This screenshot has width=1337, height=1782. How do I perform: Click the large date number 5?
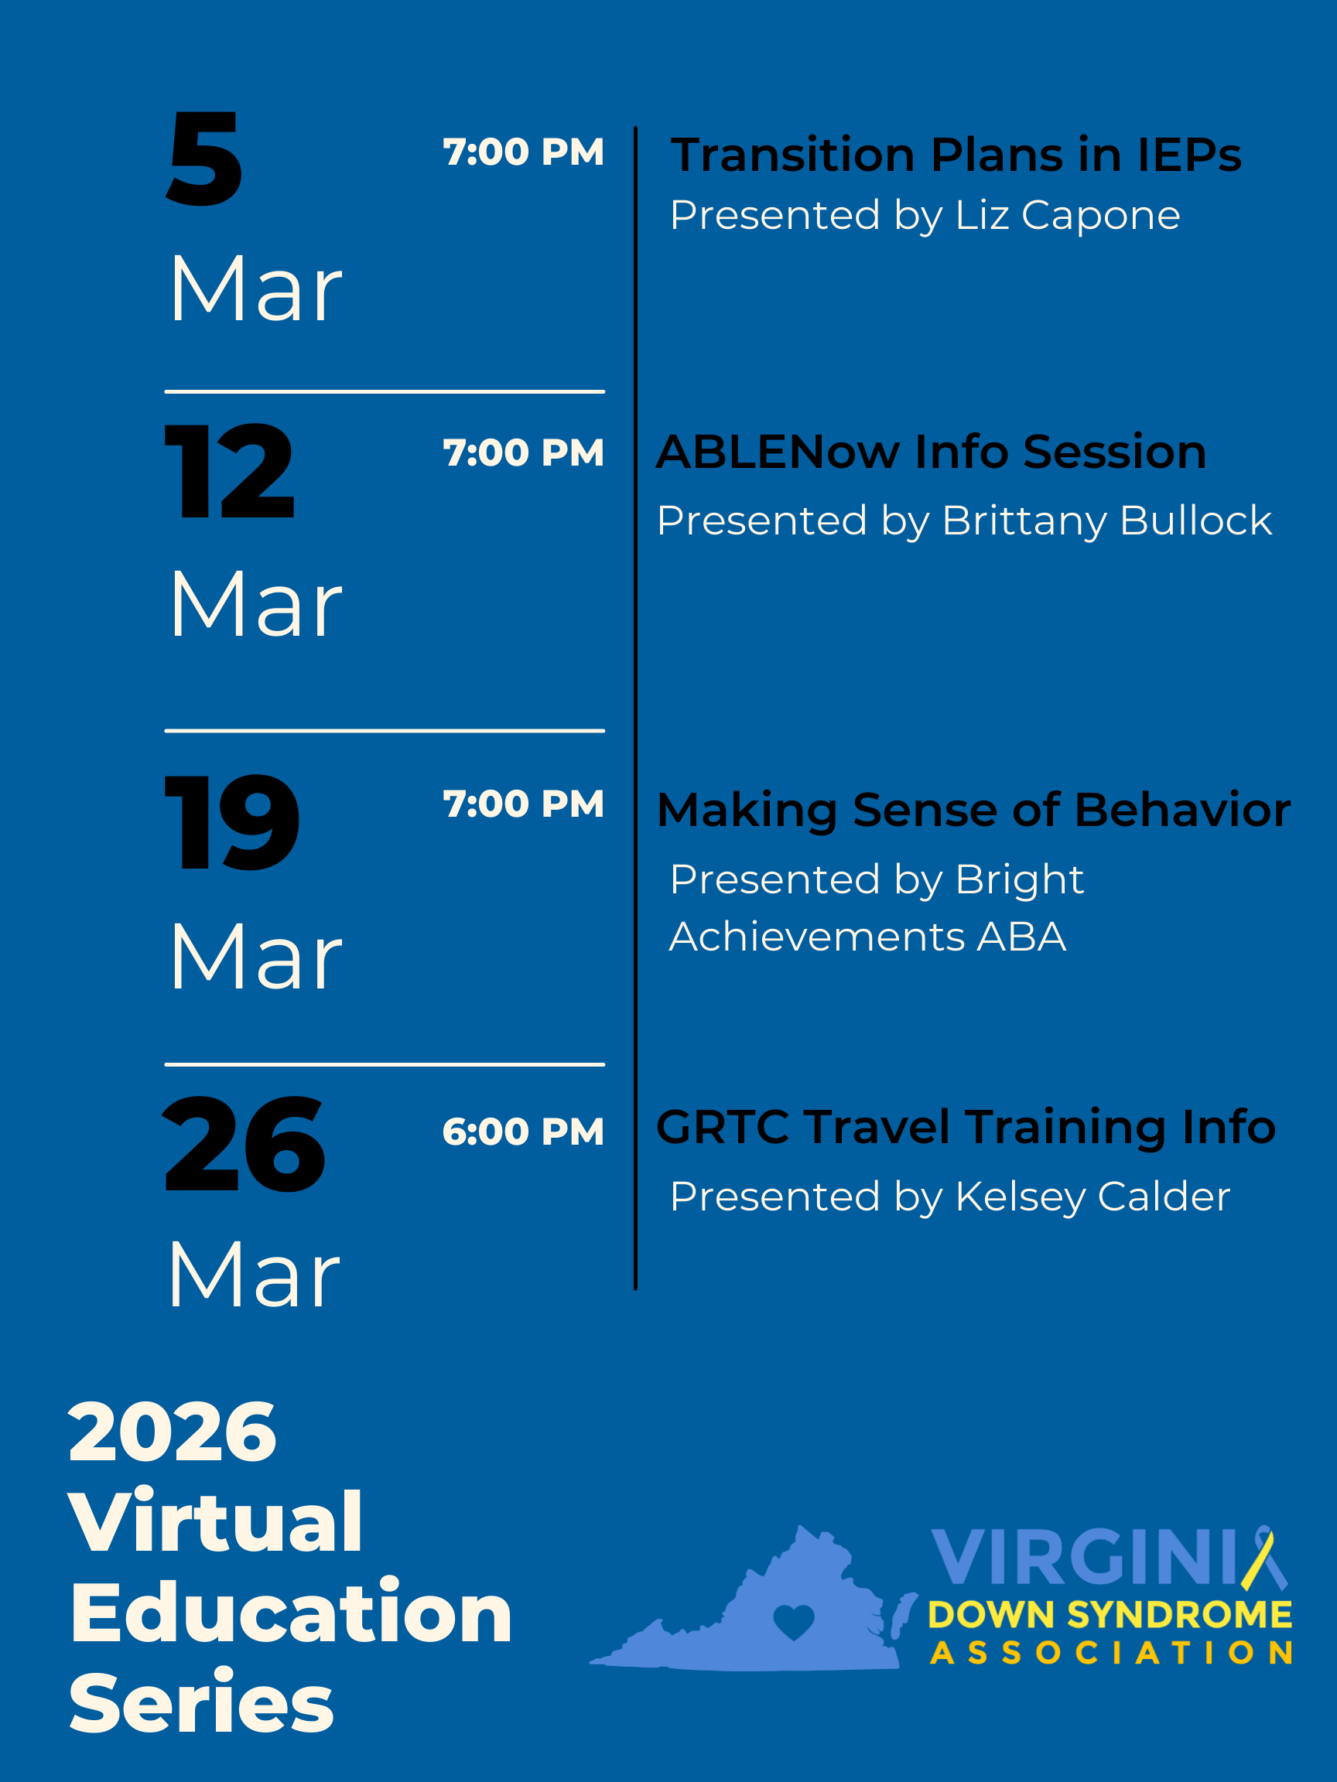(x=205, y=159)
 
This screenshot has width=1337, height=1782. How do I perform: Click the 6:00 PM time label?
(x=523, y=1132)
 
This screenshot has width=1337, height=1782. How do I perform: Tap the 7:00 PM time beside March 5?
(x=523, y=152)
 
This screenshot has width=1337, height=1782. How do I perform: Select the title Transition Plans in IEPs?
(x=956, y=155)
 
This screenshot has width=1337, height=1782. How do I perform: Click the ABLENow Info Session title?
(x=931, y=452)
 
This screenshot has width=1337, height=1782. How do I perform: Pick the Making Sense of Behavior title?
(x=973, y=810)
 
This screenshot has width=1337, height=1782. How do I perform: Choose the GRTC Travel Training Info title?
(x=966, y=1126)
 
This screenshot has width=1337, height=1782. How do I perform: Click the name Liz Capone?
(x=1067, y=215)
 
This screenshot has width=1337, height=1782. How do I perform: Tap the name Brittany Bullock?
(x=1106, y=521)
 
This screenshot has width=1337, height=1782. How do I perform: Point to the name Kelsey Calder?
(x=1092, y=1197)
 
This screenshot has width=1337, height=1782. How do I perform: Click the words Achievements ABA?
(x=867, y=937)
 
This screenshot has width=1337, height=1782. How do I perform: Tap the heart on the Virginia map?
(x=794, y=1622)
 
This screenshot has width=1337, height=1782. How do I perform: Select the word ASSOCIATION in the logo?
(x=1110, y=1653)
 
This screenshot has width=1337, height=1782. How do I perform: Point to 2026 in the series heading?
(x=173, y=1432)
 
